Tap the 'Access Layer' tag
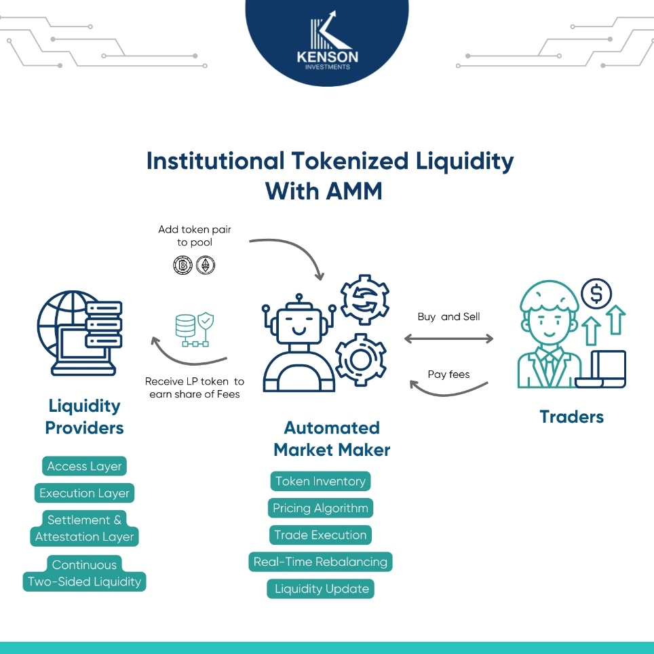point(85,466)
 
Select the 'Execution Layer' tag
point(84,493)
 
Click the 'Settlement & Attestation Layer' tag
point(85,528)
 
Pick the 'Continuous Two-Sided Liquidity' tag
point(85,573)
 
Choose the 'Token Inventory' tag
point(320,482)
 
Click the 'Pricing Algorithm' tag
point(320,508)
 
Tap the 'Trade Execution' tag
point(320,535)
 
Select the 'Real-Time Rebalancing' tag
point(320,562)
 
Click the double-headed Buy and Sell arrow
point(449,338)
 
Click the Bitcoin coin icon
point(182,265)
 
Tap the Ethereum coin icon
point(205,265)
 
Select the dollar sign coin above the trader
point(596,293)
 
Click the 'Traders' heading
point(571,417)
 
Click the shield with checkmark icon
point(206,321)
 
